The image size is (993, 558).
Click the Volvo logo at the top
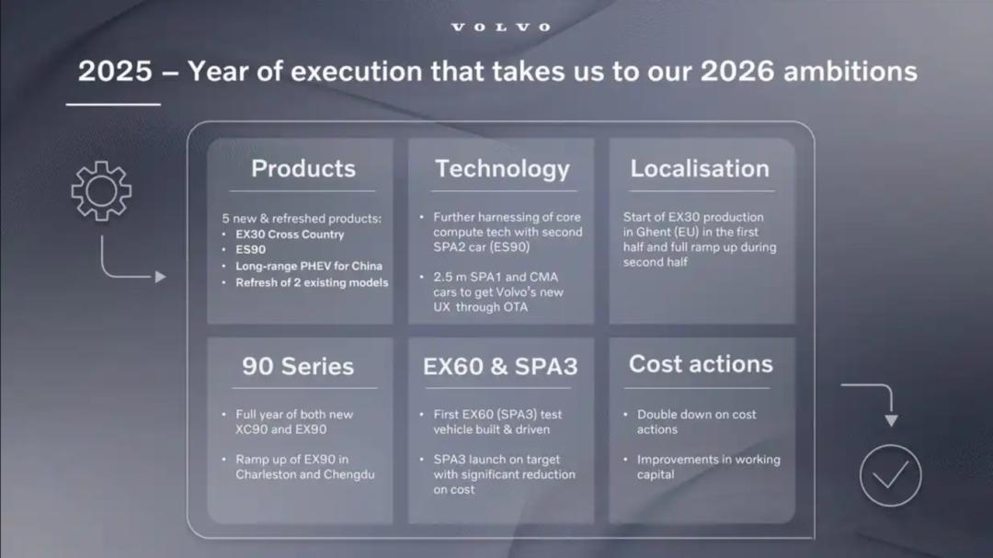click(x=500, y=28)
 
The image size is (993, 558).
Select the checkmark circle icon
click(x=890, y=475)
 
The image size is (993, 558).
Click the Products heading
click(x=303, y=168)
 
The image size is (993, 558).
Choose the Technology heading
click(x=502, y=169)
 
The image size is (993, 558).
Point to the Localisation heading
click(x=700, y=168)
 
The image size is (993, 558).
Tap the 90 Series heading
click(x=298, y=366)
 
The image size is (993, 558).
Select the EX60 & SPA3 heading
click(x=500, y=366)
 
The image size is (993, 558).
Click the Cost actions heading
click(x=701, y=364)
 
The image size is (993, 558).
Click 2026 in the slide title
click(x=737, y=71)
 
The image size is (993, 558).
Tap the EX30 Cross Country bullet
click(x=290, y=234)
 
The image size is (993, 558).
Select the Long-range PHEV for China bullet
click(x=309, y=266)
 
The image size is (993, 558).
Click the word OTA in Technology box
click(x=515, y=307)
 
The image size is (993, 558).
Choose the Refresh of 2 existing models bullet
click(x=312, y=282)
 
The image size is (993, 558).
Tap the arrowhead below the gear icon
click(x=161, y=277)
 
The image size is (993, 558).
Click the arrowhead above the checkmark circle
click(x=892, y=421)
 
